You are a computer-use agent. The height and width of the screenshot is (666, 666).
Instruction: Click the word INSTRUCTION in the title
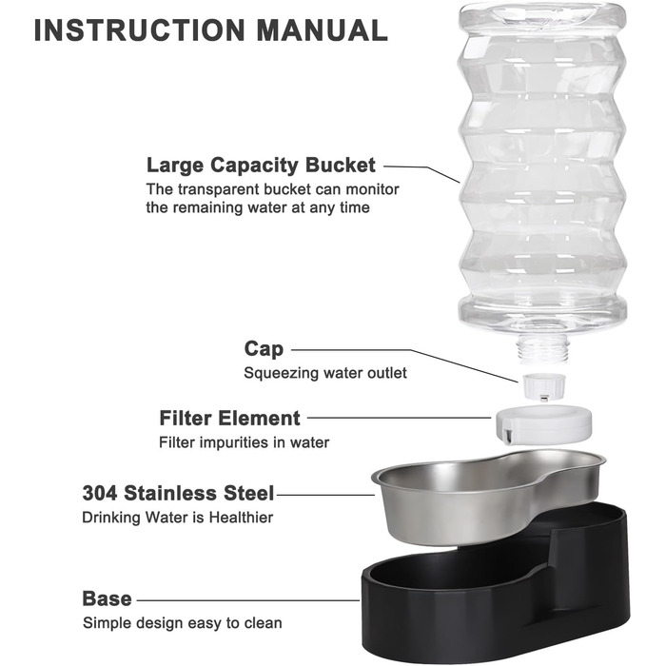pos(139,30)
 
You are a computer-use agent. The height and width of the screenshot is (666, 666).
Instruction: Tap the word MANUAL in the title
pos(322,30)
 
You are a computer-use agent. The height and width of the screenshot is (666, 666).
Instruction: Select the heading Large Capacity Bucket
pos(261,166)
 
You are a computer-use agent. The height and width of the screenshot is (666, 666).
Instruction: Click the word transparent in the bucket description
pos(218,189)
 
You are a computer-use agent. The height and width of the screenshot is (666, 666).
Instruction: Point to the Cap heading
pos(264,349)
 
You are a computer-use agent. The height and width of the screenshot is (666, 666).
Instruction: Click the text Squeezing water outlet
pos(325,373)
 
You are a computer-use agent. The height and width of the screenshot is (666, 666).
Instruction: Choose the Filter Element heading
pos(230,418)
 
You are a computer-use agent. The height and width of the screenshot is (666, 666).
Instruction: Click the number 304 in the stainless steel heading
pos(100,493)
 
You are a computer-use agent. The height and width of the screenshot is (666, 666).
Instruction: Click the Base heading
pos(107,598)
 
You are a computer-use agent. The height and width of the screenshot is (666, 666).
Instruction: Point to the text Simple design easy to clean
pos(183,623)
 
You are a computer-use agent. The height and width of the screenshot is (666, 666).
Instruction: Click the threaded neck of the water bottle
pos(542,349)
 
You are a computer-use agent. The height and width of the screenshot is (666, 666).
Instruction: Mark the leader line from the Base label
pos(248,600)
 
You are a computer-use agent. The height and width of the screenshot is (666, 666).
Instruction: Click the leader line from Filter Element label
pos(400,418)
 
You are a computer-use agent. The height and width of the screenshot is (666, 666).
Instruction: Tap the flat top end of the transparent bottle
pos(542,12)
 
